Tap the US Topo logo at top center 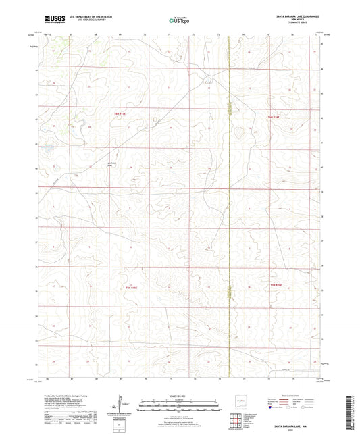click(x=180, y=21)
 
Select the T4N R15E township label click(x=118, y=116)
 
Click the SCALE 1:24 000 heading click(x=180, y=396)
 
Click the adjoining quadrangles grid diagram click(x=237, y=420)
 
